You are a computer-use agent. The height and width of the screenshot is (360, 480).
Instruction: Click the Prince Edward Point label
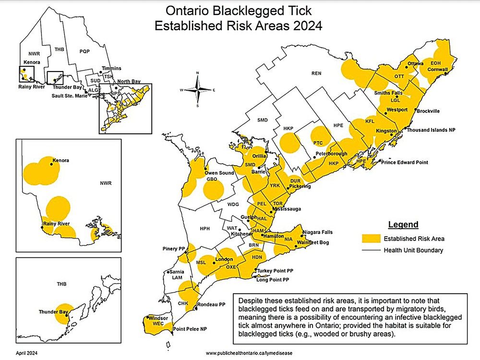coord(404,162)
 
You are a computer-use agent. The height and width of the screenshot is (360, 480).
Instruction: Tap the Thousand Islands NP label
coord(432,130)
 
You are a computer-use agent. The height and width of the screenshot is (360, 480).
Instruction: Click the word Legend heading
coord(403,225)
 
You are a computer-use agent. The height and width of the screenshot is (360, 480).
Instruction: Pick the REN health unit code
coord(316,73)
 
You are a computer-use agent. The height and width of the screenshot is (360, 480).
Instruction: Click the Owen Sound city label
coord(219,173)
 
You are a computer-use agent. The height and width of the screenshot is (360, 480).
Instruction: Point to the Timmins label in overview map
coord(112,69)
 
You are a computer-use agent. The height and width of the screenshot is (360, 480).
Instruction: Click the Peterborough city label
coord(331,154)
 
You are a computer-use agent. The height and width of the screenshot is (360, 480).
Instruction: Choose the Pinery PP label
coord(175,250)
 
